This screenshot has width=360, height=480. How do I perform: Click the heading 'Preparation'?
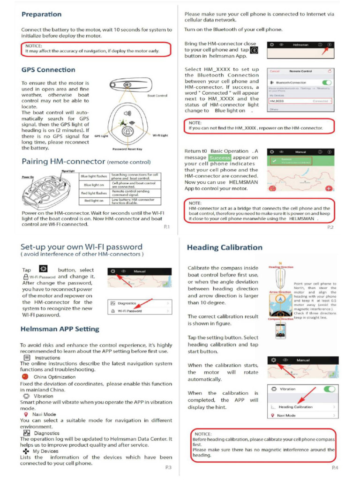[x=41, y=15]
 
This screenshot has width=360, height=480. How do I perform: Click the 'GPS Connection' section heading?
[x=48, y=70]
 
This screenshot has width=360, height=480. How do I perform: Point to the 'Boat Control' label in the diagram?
[x=157, y=96]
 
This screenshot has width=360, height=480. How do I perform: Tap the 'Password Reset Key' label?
[x=127, y=149]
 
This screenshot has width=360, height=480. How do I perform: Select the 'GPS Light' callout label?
[x=101, y=136]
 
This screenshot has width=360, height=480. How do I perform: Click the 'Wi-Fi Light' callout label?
[x=160, y=135]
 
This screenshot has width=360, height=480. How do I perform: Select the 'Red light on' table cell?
[x=94, y=200]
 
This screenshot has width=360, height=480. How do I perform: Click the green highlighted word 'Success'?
[x=220, y=158]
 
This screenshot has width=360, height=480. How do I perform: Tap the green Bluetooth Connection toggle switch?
[x=327, y=82]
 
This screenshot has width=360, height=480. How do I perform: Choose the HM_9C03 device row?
[x=300, y=101]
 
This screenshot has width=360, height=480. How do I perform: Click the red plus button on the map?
[x=329, y=188]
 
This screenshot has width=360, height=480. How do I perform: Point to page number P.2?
[x=330, y=227]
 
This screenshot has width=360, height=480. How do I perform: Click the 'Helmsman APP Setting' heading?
[x=60, y=329]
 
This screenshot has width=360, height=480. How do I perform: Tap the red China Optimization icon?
[x=25, y=376]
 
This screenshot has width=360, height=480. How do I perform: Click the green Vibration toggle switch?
[x=329, y=389]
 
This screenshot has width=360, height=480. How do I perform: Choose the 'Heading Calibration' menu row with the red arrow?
[x=302, y=407]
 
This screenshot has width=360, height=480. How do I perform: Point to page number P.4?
[x=335, y=467]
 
